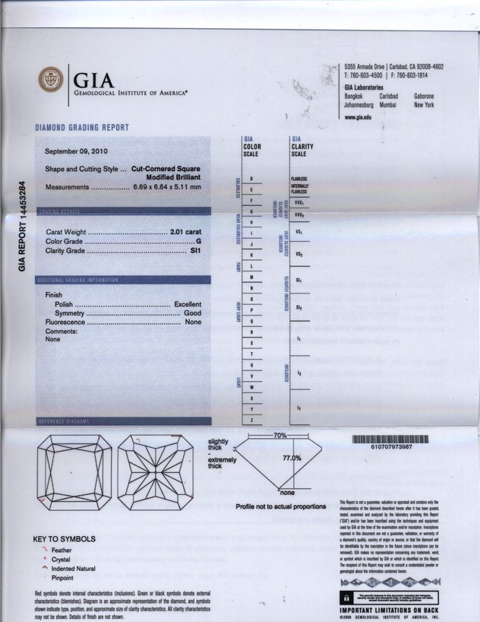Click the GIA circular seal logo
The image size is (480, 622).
click(x=51, y=80)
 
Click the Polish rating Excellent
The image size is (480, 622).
click(x=188, y=304)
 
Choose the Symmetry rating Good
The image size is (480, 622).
click(x=192, y=313)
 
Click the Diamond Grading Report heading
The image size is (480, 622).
click(x=82, y=127)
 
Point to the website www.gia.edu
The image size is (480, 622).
click(x=361, y=116)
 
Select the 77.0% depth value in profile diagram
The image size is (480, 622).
click(x=292, y=458)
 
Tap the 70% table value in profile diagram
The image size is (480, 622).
click(x=280, y=435)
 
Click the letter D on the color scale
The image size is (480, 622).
click(x=251, y=178)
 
